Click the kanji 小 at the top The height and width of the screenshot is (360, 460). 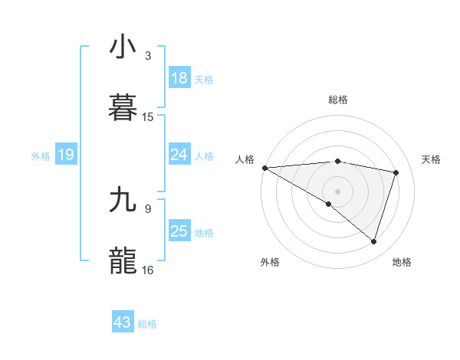tap(123, 47)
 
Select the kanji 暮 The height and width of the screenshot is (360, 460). tap(123, 106)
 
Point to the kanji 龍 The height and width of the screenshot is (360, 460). tap(123, 260)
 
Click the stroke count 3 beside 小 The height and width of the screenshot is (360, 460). tap(148, 56)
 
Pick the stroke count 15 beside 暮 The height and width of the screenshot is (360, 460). tap(148, 117)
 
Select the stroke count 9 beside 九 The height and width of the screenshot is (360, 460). tap(148, 208)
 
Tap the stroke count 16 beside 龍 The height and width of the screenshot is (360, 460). tap(148, 270)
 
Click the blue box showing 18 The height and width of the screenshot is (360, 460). tap(179, 78)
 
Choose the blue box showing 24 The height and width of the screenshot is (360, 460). tap(179, 155)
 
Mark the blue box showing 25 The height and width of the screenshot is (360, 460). tap(179, 231)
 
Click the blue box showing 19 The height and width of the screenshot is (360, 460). tap(66, 155)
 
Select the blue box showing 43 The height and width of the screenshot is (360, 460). tap(123, 323)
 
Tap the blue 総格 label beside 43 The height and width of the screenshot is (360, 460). tap(148, 324)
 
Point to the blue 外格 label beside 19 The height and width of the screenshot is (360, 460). tap(41, 156)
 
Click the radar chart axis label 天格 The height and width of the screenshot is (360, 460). tap(432, 159)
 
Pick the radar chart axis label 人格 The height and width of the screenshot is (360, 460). tap(244, 159)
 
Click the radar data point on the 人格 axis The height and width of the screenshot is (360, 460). tap(264, 167)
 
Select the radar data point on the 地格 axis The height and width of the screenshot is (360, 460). tap(373, 242)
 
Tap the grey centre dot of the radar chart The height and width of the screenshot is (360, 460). tap(337, 191)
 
